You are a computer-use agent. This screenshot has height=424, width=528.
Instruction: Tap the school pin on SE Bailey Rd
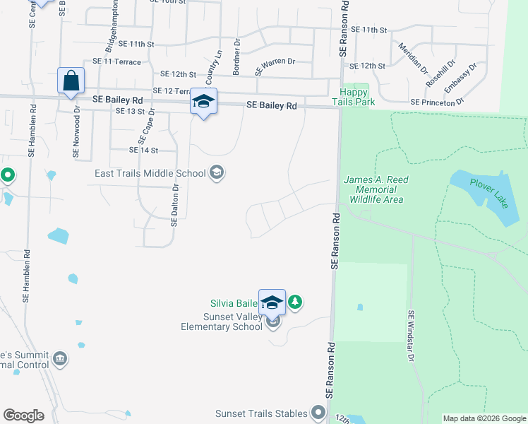[203, 102]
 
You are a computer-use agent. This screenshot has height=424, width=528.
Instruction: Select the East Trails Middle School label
[150, 173]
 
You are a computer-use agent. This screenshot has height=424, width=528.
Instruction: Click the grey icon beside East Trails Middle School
[217, 173]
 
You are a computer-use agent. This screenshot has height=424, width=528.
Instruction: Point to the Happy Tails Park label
[355, 97]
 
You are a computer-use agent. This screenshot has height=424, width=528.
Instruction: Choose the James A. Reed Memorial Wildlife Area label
[376, 189]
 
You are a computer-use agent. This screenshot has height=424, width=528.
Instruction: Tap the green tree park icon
[295, 302]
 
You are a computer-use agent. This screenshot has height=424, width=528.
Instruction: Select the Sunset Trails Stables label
[262, 413]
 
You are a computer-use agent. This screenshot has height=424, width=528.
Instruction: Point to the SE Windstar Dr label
[409, 335]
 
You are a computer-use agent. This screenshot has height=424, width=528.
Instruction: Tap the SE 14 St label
[143, 150]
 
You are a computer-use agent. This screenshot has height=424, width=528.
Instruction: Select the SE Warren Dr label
[275, 66]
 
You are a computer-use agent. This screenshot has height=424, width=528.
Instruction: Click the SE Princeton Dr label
[437, 102]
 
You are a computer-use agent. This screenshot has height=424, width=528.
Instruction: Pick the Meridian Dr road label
[413, 58]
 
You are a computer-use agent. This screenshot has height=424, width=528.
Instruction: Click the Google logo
[23, 416]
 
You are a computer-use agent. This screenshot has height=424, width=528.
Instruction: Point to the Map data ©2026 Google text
[484, 418]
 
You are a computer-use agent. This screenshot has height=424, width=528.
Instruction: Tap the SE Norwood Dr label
[76, 133]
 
